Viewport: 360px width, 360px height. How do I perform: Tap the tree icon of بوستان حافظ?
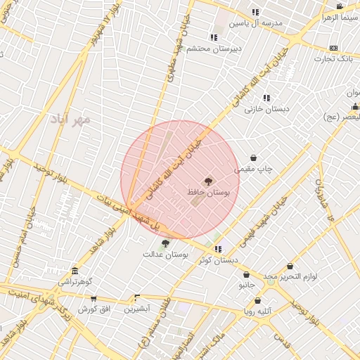click(208, 181)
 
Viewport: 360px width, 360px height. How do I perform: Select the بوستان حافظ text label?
click(209, 192)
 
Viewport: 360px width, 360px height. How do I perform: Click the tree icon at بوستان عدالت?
click(165, 243)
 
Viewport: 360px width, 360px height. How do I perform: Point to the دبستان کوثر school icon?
click(219, 249)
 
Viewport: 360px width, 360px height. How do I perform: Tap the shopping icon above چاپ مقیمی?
click(253, 158)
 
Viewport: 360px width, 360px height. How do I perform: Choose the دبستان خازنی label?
click(263, 109)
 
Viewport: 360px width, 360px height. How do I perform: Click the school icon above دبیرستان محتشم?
click(213, 37)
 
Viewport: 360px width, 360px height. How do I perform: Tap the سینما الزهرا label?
click(340, 17)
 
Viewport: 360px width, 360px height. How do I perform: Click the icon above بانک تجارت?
click(333, 48)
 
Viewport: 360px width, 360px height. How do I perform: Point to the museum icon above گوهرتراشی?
click(75, 271)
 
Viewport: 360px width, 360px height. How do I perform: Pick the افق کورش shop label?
click(92, 309)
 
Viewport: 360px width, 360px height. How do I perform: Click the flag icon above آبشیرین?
click(136, 297)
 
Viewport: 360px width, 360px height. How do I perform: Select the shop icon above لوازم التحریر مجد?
click(290, 266)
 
